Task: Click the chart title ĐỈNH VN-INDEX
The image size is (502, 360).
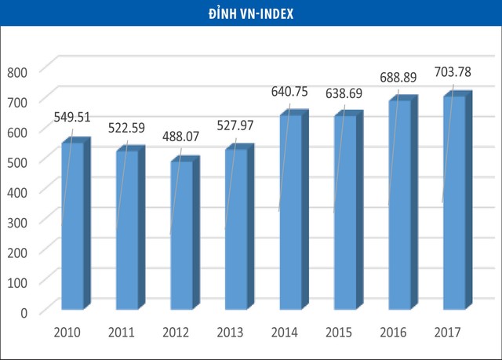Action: coord(250,13)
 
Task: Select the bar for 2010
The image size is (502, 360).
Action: coord(72,227)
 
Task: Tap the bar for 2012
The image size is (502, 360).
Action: coord(181,235)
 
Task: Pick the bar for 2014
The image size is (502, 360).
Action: coord(290,212)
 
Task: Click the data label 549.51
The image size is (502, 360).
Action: coord(73,118)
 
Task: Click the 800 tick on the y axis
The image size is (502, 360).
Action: coord(17,71)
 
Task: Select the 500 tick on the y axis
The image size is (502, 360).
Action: coord(17,162)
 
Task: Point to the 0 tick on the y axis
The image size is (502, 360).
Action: coord(24,313)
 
